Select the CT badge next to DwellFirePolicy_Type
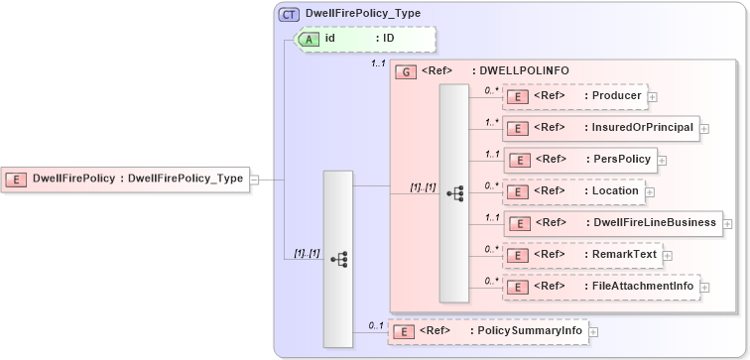[x=289, y=15]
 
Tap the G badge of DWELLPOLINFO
[x=405, y=71]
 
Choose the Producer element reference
[x=575, y=96]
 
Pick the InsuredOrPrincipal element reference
[x=601, y=127]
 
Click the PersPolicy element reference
[x=580, y=159]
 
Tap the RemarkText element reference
[x=581, y=255]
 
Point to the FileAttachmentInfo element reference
[x=601, y=287]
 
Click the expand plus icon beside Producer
[x=653, y=97]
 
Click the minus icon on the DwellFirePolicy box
[x=255, y=180]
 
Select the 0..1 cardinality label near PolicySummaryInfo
[x=376, y=324]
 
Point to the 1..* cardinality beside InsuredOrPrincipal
[x=491, y=122]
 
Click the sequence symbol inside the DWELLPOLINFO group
[x=454, y=193]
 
